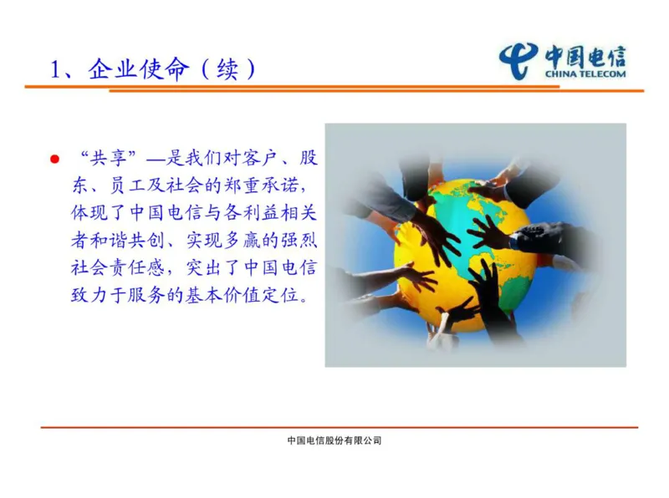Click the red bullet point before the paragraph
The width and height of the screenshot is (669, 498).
click(x=55, y=159)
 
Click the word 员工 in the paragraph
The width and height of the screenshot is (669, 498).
click(x=125, y=185)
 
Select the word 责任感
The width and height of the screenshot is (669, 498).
click(x=135, y=267)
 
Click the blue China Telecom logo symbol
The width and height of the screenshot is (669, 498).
click(x=518, y=60)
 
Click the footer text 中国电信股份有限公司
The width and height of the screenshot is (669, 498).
click(x=334, y=440)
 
